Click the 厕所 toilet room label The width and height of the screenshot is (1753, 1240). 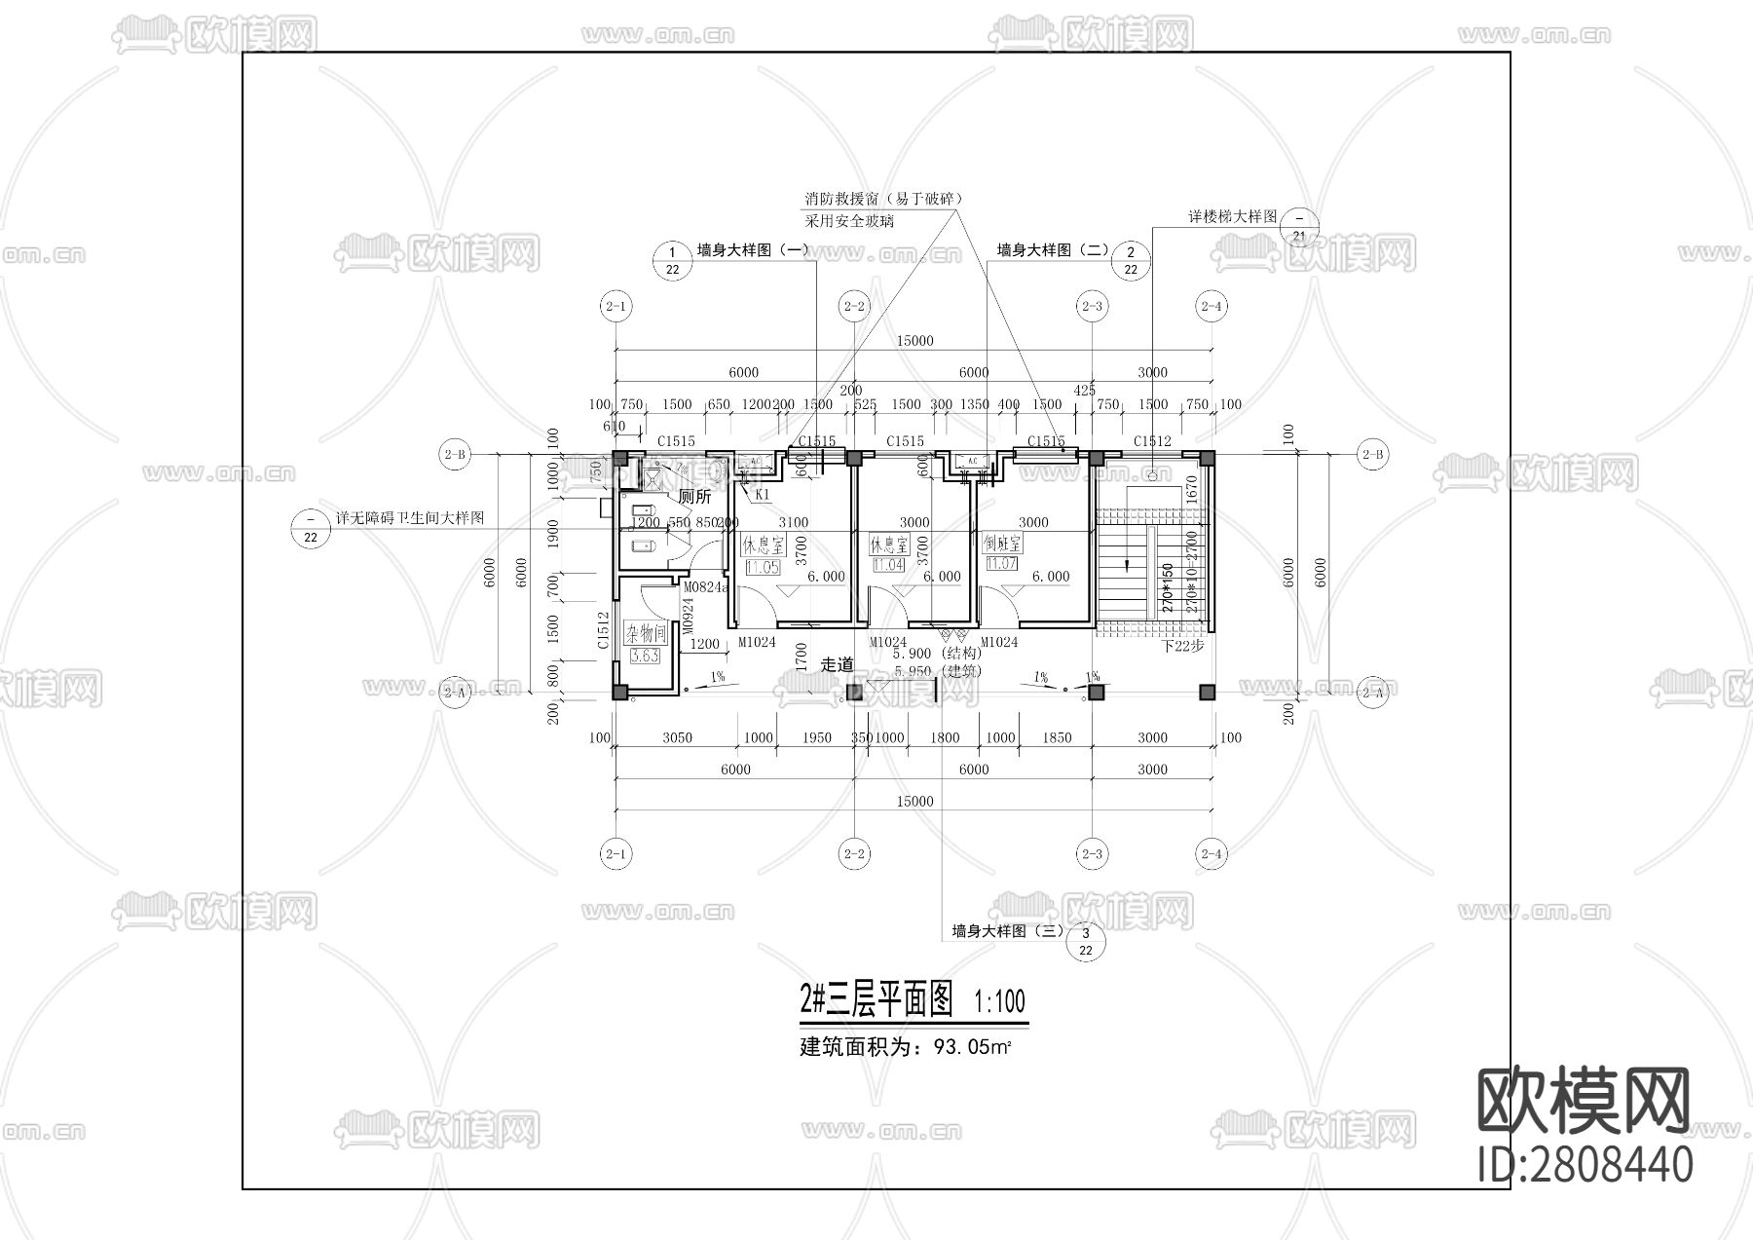click(695, 497)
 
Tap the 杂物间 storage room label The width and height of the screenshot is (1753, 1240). click(645, 632)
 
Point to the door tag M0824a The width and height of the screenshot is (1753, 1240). click(705, 587)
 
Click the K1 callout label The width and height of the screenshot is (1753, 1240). click(763, 495)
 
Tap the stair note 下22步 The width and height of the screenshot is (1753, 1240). click(1183, 646)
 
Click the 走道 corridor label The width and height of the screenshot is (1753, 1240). click(837, 664)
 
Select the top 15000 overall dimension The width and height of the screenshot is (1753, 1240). click(914, 341)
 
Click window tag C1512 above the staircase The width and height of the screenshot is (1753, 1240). click(1152, 441)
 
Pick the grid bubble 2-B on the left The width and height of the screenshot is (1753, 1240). click(454, 454)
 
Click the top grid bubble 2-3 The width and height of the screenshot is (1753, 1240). click(1092, 306)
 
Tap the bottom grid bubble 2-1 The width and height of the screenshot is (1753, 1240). click(615, 854)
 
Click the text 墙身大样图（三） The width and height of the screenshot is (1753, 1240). click(1008, 931)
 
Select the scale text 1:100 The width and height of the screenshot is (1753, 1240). click(999, 1001)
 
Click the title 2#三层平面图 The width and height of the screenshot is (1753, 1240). click(875, 1000)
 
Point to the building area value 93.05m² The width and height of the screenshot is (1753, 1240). click(971, 1048)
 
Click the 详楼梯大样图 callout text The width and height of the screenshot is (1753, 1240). click(1231, 216)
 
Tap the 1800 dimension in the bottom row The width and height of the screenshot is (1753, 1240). click(944, 738)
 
